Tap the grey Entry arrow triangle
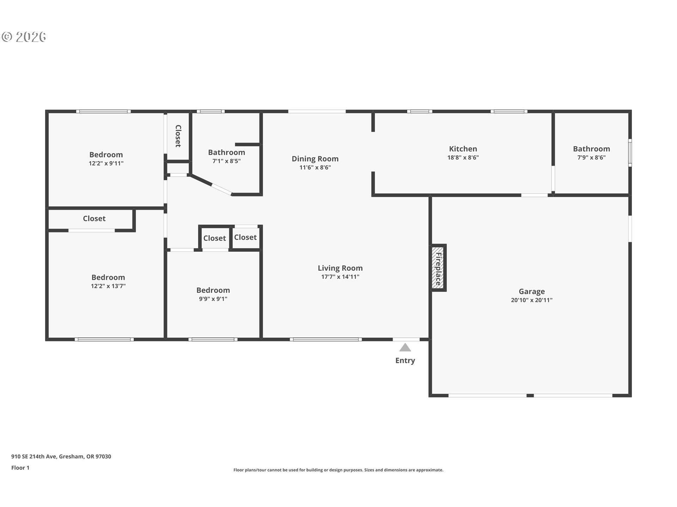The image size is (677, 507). [405, 348]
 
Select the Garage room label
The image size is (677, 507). [532, 292]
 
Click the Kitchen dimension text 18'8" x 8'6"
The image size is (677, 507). [463, 158]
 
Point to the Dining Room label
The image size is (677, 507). [315, 159]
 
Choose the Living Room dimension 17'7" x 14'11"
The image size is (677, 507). [340, 277]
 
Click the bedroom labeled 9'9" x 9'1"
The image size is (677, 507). [213, 290]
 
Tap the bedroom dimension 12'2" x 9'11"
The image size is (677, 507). [106, 163]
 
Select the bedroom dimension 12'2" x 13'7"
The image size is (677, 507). [108, 286]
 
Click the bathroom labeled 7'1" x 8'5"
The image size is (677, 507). [226, 152]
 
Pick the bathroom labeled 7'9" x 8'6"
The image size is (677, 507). [591, 149]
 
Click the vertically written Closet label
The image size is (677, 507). [178, 136]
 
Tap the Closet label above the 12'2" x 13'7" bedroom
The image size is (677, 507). [94, 219]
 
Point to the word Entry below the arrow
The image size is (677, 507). [405, 361]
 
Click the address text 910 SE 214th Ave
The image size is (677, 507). [33, 457]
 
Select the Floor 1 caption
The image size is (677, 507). [20, 468]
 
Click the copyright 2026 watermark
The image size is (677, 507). [24, 37]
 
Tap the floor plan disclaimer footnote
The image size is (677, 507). [338, 470]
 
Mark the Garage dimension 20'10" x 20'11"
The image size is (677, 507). [532, 300]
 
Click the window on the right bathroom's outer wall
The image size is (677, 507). [630, 152]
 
